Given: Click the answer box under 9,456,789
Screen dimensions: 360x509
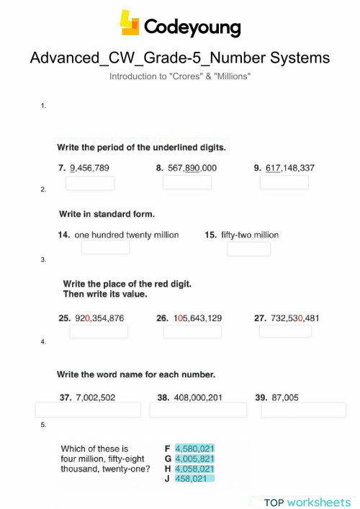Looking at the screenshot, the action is coord(90,183).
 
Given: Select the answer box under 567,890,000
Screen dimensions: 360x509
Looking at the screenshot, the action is coord(187,183).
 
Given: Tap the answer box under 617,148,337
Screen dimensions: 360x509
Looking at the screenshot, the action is coord(284,183).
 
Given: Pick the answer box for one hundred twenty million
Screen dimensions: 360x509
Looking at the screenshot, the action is coord(105,248).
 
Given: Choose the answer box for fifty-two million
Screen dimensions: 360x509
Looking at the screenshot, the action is coord(248,249).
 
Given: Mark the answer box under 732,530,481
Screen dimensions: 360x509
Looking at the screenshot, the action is coord(285,331).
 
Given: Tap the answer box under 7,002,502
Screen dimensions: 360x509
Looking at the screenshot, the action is coord(87,410).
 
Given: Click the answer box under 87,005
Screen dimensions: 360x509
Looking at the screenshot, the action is coord(293,410).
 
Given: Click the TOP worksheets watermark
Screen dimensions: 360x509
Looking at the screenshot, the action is coord(307,502).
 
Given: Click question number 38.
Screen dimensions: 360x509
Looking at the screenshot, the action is coord(163,397).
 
